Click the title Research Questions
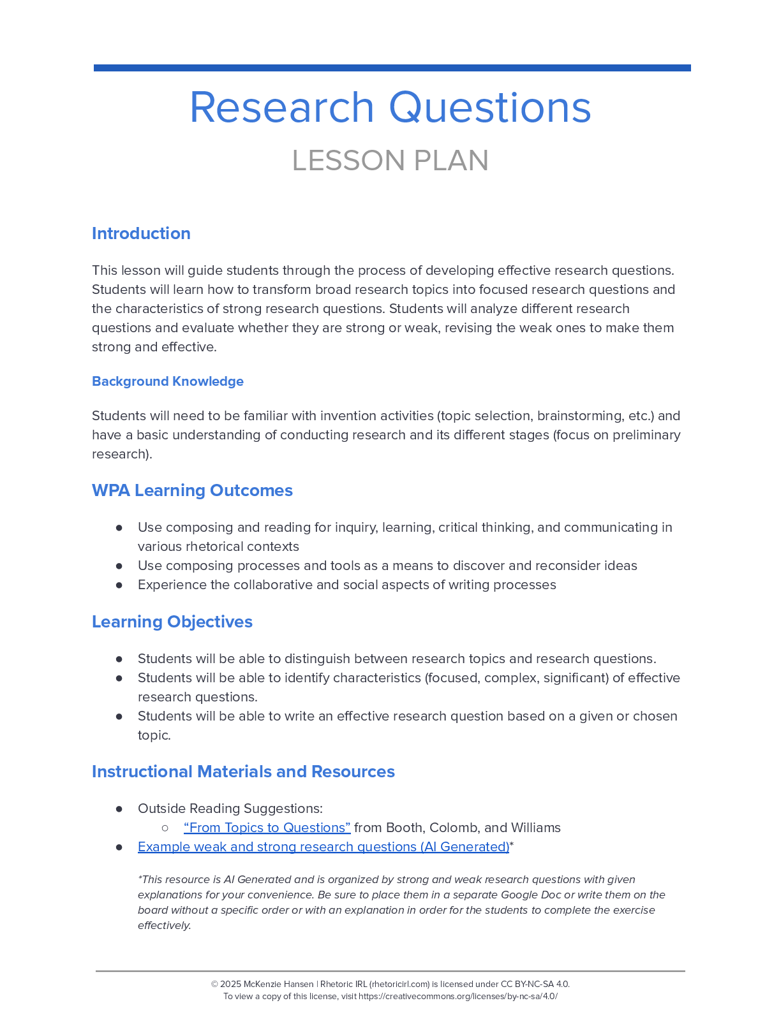[x=390, y=107]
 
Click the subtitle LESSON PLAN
[x=390, y=161]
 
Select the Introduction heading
[x=141, y=233]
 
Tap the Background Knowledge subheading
[x=168, y=381]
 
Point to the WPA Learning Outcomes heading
[x=192, y=490]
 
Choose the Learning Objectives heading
[x=172, y=622]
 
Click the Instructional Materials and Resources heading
[x=243, y=772]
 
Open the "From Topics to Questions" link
[x=267, y=828]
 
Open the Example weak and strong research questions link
[x=324, y=847]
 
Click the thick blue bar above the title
[x=392, y=68]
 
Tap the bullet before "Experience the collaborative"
[x=119, y=585]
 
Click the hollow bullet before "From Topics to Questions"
[x=165, y=828]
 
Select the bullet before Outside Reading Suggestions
[x=119, y=809]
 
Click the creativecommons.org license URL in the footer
[x=457, y=996]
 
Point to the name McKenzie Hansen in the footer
[x=279, y=984]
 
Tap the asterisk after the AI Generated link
[x=512, y=845]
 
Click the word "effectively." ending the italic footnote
[x=165, y=925]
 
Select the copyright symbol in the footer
[x=214, y=984]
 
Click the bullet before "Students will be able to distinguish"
[x=119, y=659]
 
